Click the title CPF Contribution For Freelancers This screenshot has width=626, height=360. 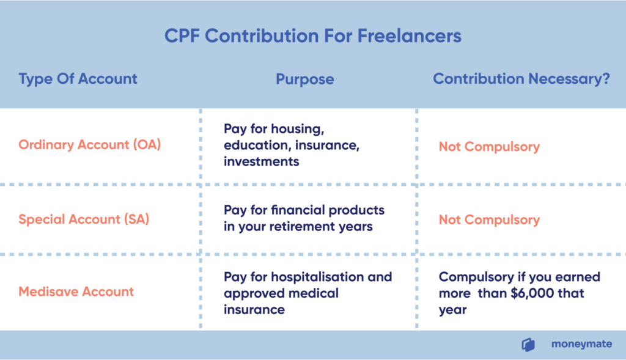point(313,36)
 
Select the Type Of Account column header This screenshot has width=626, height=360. point(78,79)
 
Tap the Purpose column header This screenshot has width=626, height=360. point(305,79)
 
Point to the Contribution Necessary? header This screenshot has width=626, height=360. point(521,79)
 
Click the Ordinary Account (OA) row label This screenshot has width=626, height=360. point(89,144)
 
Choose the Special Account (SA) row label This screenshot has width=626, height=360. point(84,219)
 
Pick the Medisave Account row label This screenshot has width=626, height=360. point(76,292)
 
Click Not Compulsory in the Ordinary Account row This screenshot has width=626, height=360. point(489,147)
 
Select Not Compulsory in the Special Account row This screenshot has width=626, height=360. point(489,220)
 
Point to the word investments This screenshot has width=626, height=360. point(261,161)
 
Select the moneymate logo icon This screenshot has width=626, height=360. point(528,345)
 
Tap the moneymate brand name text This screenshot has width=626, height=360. point(582,344)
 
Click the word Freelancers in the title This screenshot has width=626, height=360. point(410,36)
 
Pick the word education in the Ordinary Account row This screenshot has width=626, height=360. point(256,145)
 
